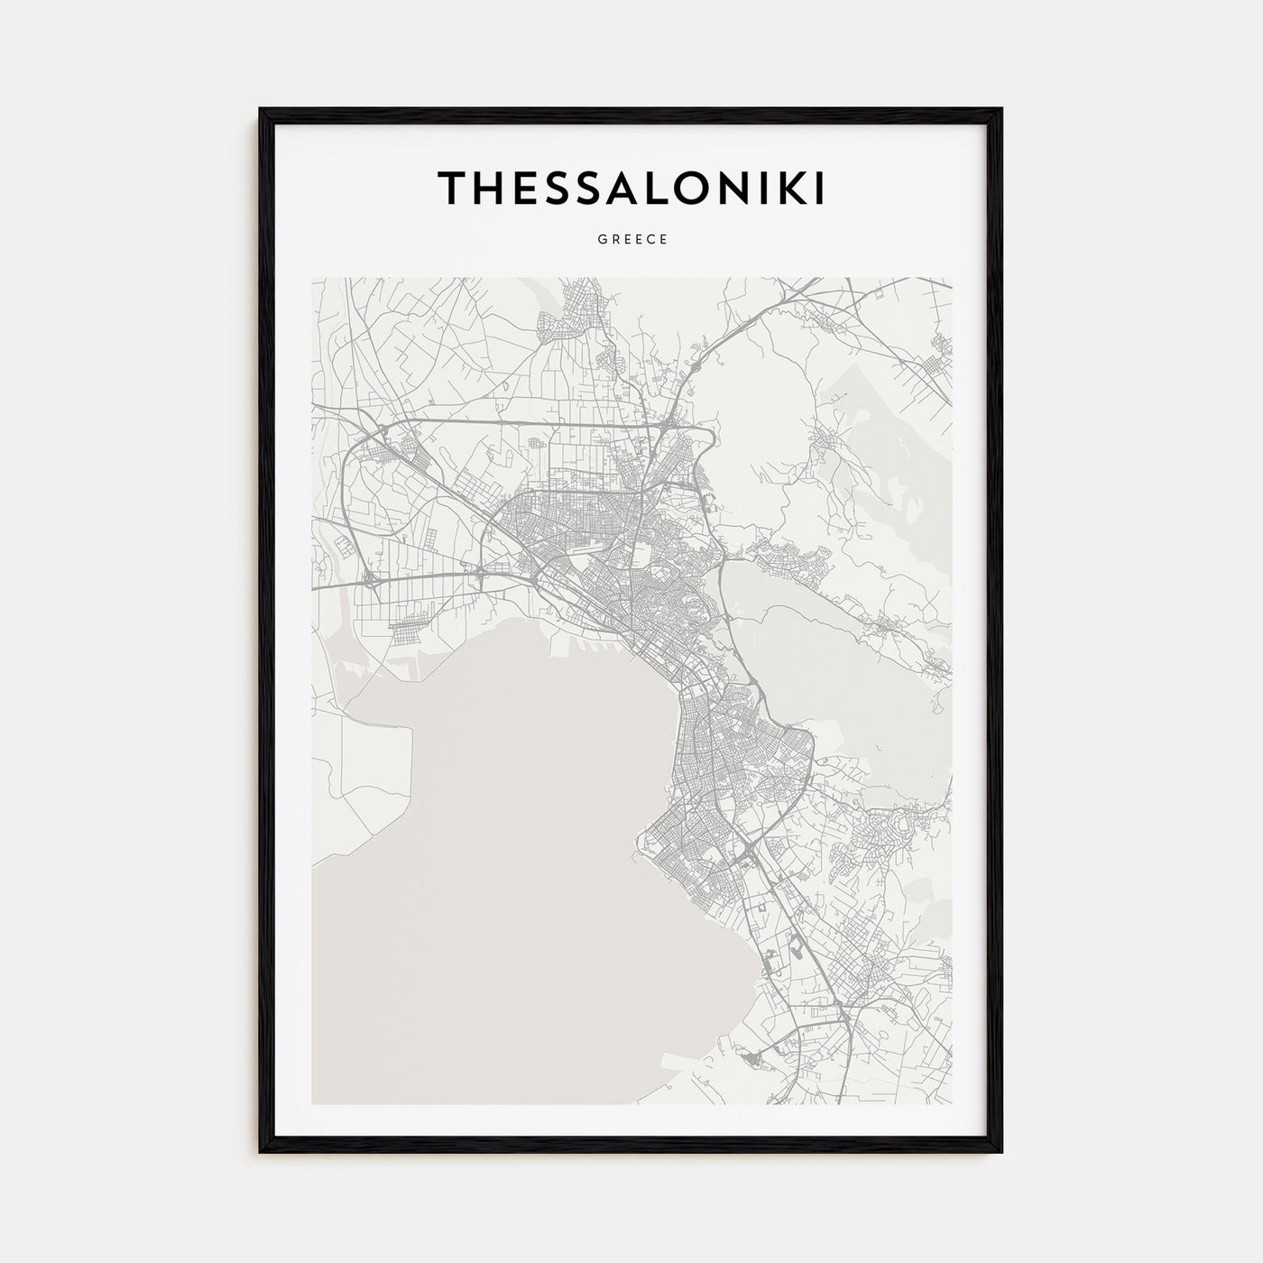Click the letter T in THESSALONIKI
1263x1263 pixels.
[453, 188]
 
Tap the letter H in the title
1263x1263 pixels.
[488, 188]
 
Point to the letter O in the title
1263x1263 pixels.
[679, 188]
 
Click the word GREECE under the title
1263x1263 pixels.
[631, 240]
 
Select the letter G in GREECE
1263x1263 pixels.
[600, 240]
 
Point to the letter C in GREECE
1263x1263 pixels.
[651, 240]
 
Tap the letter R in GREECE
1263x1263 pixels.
[613, 240]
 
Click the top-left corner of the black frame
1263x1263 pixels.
[262, 110]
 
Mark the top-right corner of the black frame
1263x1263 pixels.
[1000, 110]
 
